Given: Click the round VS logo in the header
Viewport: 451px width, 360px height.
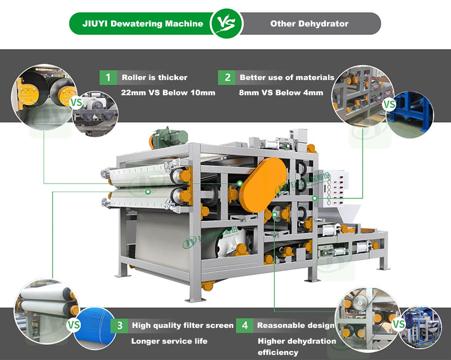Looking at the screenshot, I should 227,24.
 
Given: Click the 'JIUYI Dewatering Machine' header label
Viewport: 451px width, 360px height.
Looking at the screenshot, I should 143,24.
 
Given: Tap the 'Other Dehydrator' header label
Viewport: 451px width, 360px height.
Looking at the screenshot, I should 309,24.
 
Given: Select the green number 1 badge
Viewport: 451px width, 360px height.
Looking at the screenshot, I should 106,77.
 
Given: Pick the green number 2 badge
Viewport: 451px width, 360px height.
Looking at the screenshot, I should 228,77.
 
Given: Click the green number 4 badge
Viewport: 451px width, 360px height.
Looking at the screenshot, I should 244,325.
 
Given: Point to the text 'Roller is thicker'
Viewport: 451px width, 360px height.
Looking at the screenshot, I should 154,77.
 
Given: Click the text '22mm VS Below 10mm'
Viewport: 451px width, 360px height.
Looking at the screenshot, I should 168,92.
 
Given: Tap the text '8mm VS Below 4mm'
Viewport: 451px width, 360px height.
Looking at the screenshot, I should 281,92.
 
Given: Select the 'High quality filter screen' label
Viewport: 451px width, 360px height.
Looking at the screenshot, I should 183,325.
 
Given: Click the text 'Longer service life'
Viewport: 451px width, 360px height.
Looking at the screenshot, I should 169,341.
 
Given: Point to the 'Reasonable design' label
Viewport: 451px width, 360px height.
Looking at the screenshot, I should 295,325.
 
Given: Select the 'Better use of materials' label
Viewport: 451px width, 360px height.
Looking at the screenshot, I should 287,77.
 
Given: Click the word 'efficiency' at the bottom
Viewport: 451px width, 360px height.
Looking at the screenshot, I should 278,353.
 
